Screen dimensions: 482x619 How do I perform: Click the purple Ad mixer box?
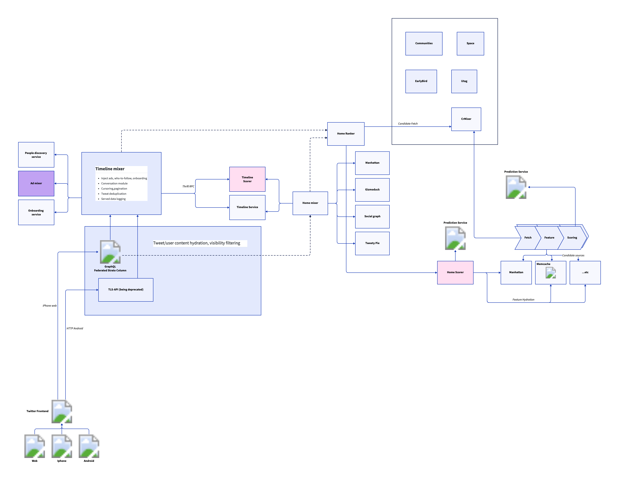[x=36, y=183]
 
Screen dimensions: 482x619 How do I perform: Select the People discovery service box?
[x=36, y=155]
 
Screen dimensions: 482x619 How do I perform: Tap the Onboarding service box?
[x=36, y=212]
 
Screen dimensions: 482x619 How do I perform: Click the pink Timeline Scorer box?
[x=247, y=179]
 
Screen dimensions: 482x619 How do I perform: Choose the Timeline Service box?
[x=247, y=207]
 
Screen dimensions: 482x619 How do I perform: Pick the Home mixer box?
[x=310, y=203]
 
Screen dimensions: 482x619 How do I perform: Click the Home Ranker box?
[x=346, y=134]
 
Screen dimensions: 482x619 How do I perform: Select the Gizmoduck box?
[x=372, y=190]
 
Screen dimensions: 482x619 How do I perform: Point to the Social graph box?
[x=372, y=216]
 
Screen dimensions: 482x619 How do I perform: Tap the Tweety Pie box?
[x=372, y=243]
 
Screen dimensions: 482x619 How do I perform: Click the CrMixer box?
[x=466, y=119]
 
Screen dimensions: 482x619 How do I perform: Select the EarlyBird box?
[x=421, y=81]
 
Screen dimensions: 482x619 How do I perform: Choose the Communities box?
[x=424, y=43]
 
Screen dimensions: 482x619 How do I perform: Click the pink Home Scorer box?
[x=455, y=272]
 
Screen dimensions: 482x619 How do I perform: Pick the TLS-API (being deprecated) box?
[x=125, y=290]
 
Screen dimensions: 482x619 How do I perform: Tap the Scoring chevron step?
[x=572, y=238]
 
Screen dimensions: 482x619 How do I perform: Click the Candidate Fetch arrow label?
[x=408, y=124]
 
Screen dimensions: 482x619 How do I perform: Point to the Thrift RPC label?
[x=188, y=186]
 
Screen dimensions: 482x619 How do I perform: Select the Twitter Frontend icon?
[x=62, y=411]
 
